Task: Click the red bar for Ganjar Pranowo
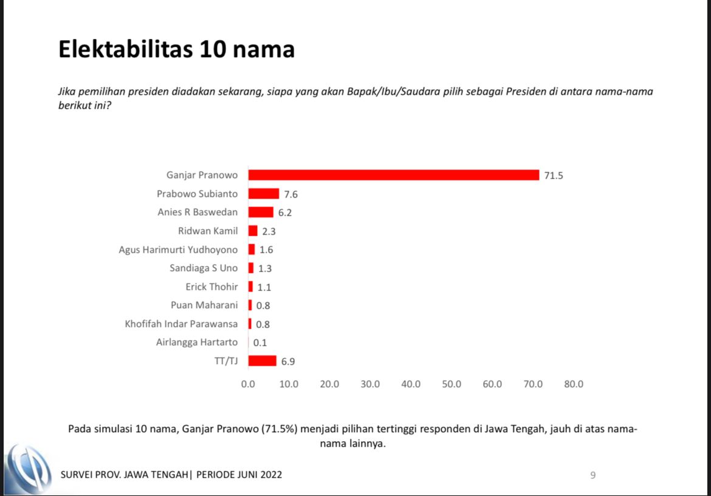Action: (x=394, y=175)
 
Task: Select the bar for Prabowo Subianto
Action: (x=264, y=194)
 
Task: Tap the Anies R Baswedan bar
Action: (x=261, y=213)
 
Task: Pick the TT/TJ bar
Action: (x=262, y=361)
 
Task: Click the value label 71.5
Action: (x=554, y=176)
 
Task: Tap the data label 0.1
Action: (x=260, y=343)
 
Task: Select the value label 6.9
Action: (x=288, y=362)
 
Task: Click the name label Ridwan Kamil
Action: (x=208, y=231)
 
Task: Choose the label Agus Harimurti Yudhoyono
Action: (x=178, y=250)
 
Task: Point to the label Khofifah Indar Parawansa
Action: (x=181, y=324)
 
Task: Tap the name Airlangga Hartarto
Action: (x=197, y=342)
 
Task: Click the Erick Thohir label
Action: (x=211, y=287)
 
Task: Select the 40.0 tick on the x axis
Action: (x=411, y=384)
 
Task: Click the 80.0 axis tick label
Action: (x=574, y=384)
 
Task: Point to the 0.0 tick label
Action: (x=248, y=384)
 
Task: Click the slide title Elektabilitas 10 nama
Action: (x=176, y=49)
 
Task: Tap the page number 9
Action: (x=592, y=475)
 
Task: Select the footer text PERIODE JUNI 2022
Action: (x=239, y=475)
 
